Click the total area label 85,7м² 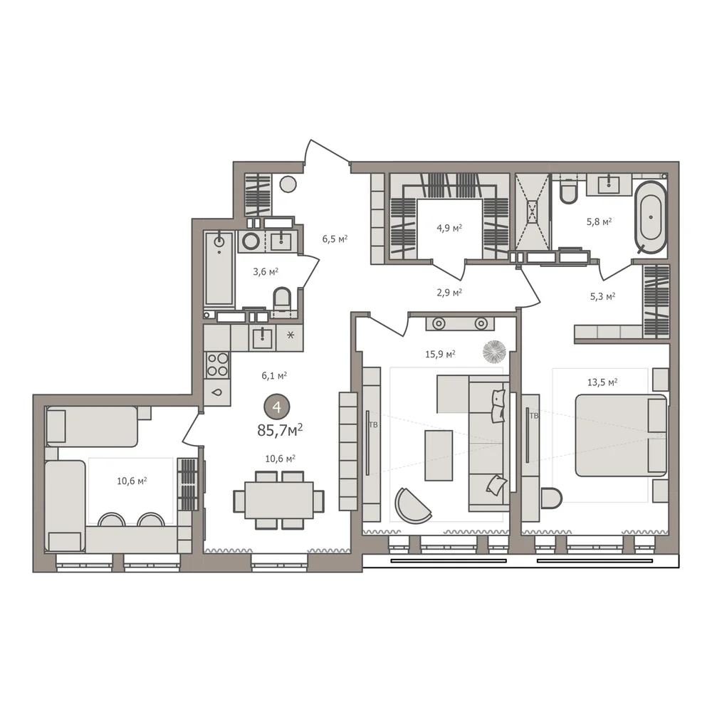pyautogui.click(x=280, y=430)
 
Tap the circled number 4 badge pyautogui.click(x=277, y=407)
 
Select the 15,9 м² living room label pyautogui.click(x=440, y=354)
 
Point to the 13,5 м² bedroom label pyautogui.click(x=602, y=382)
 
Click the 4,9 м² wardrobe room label pyautogui.click(x=449, y=228)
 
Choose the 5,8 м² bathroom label pyautogui.click(x=599, y=221)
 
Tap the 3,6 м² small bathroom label pyautogui.click(x=266, y=271)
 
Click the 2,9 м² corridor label pyautogui.click(x=449, y=293)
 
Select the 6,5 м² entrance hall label pyautogui.click(x=335, y=239)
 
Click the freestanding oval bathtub pyautogui.click(x=651, y=217)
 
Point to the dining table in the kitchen pyautogui.click(x=279, y=501)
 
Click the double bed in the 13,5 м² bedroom pyautogui.click(x=621, y=436)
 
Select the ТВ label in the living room pyautogui.click(x=373, y=425)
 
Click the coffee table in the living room pyautogui.click(x=439, y=456)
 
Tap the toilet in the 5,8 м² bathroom pyautogui.click(x=568, y=191)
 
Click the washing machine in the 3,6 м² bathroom pyautogui.click(x=251, y=241)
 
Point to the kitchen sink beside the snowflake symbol pyautogui.click(x=263, y=337)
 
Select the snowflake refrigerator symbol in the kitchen pyautogui.click(x=290, y=335)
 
